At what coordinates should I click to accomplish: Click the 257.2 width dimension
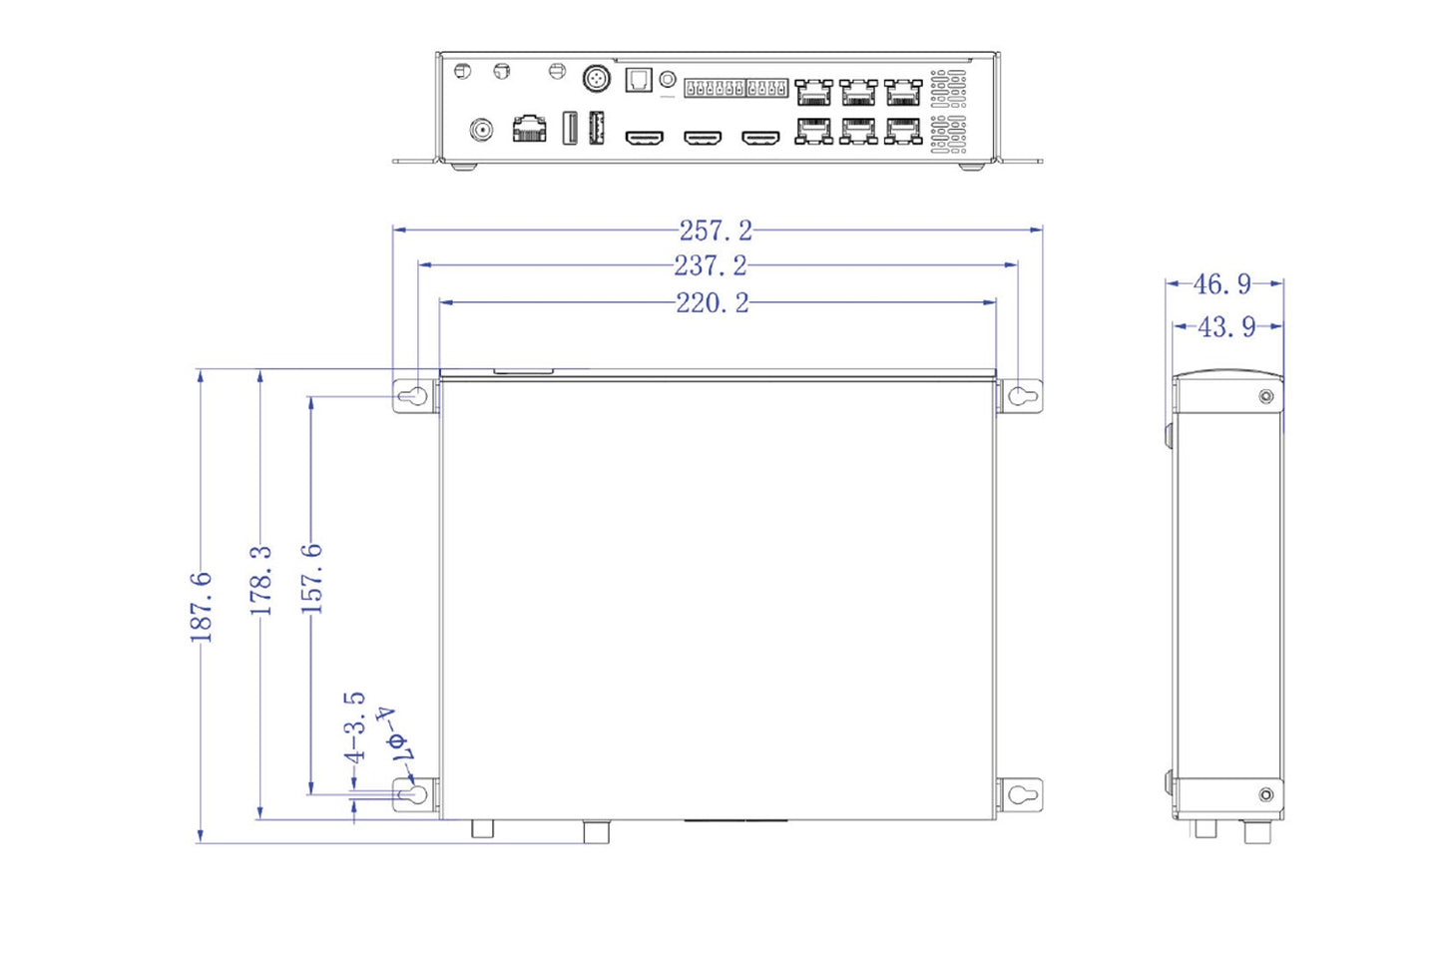[x=716, y=231]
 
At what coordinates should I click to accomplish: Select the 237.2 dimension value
[x=710, y=266]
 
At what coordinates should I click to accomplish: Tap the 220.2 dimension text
[x=712, y=303]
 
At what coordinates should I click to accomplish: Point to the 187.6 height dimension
[x=202, y=607]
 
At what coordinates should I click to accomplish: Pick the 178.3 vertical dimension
[x=260, y=581]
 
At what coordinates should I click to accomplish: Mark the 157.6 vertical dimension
[x=312, y=579]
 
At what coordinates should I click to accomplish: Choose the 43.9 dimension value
[x=1226, y=327]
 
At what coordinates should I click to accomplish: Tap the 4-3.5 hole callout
[x=355, y=727]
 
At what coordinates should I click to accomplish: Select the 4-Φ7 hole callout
[x=393, y=736]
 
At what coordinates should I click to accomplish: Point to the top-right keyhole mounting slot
[x=1019, y=396]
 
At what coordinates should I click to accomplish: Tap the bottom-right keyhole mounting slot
[x=1019, y=795]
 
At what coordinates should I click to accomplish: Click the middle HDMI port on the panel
[x=703, y=137]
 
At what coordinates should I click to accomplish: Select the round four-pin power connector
[x=597, y=78]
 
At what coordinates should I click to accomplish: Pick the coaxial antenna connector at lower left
[x=481, y=130]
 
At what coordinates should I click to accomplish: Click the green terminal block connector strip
[x=735, y=88]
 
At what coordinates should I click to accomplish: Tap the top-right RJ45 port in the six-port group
[x=903, y=93]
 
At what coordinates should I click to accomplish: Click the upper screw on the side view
[x=1265, y=397]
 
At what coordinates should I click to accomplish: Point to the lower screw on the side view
[x=1265, y=794]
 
